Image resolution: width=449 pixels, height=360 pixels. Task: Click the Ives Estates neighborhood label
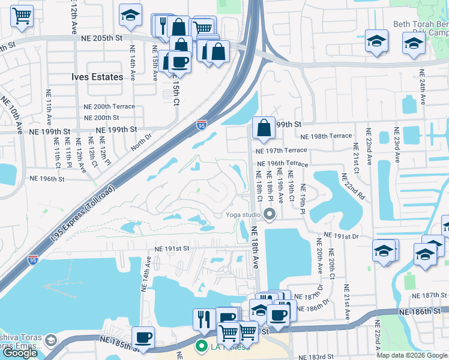(x=97, y=77)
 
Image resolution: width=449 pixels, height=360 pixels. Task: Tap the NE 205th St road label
(x=102, y=38)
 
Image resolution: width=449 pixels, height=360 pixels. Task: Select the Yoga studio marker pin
(x=270, y=214)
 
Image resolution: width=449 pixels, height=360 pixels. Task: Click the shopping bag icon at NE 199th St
(x=264, y=127)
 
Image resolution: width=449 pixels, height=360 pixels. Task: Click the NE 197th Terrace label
(x=281, y=151)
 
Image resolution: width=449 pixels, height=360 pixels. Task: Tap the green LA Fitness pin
(x=201, y=347)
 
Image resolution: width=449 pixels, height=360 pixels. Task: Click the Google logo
(x=20, y=353)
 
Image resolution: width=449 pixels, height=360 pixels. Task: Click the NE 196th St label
(x=47, y=178)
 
